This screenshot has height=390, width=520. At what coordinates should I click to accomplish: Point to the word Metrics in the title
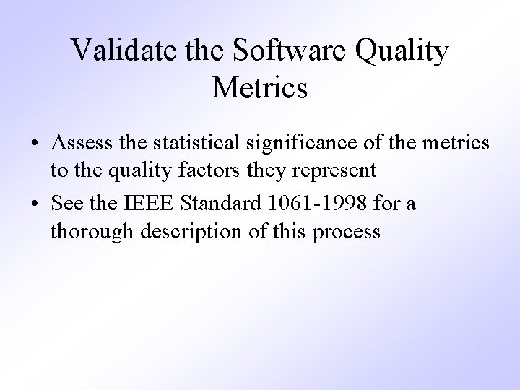(260, 88)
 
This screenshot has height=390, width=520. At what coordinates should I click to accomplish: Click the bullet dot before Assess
(35, 144)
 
